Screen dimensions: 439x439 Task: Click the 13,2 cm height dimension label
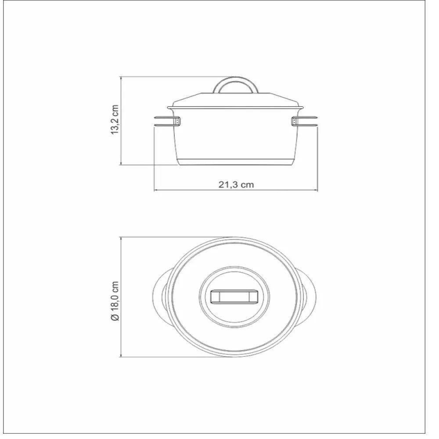[x=115, y=119]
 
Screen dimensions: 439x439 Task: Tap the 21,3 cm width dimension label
[x=236, y=184]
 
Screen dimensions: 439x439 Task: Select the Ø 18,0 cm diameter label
[x=115, y=301]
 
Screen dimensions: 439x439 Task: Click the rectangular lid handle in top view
[x=235, y=296]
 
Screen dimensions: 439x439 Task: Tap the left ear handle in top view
[x=161, y=296]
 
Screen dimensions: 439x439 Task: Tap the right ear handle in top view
[x=310, y=296]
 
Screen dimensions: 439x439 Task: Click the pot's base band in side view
[x=236, y=161]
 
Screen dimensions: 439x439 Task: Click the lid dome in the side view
[x=236, y=100]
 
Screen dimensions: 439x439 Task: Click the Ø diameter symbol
[x=115, y=317]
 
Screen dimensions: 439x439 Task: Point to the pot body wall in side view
[x=236, y=136]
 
